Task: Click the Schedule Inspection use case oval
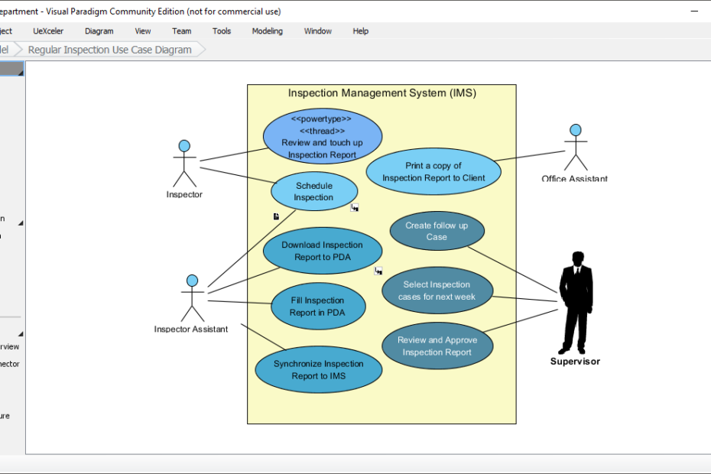[x=314, y=192]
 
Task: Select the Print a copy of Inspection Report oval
[x=433, y=172]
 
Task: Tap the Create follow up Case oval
[x=437, y=231]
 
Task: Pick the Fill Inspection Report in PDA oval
[x=317, y=307]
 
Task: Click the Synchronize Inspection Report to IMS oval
[x=317, y=370]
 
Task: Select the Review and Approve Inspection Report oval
[x=437, y=346]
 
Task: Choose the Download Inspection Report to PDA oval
[x=322, y=252]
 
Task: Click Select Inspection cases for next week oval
[x=437, y=291]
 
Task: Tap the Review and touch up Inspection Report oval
[x=322, y=136]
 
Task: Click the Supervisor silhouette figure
[x=576, y=302]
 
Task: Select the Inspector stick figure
[x=184, y=163]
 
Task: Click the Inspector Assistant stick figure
[x=192, y=298]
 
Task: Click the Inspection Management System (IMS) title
[x=381, y=93]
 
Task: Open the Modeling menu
[x=267, y=31]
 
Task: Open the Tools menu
[x=222, y=31]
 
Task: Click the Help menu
[x=360, y=31]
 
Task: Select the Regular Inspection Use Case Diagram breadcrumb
[x=109, y=50]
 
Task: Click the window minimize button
[x=695, y=11]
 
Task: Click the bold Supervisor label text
[x=575, y=362]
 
